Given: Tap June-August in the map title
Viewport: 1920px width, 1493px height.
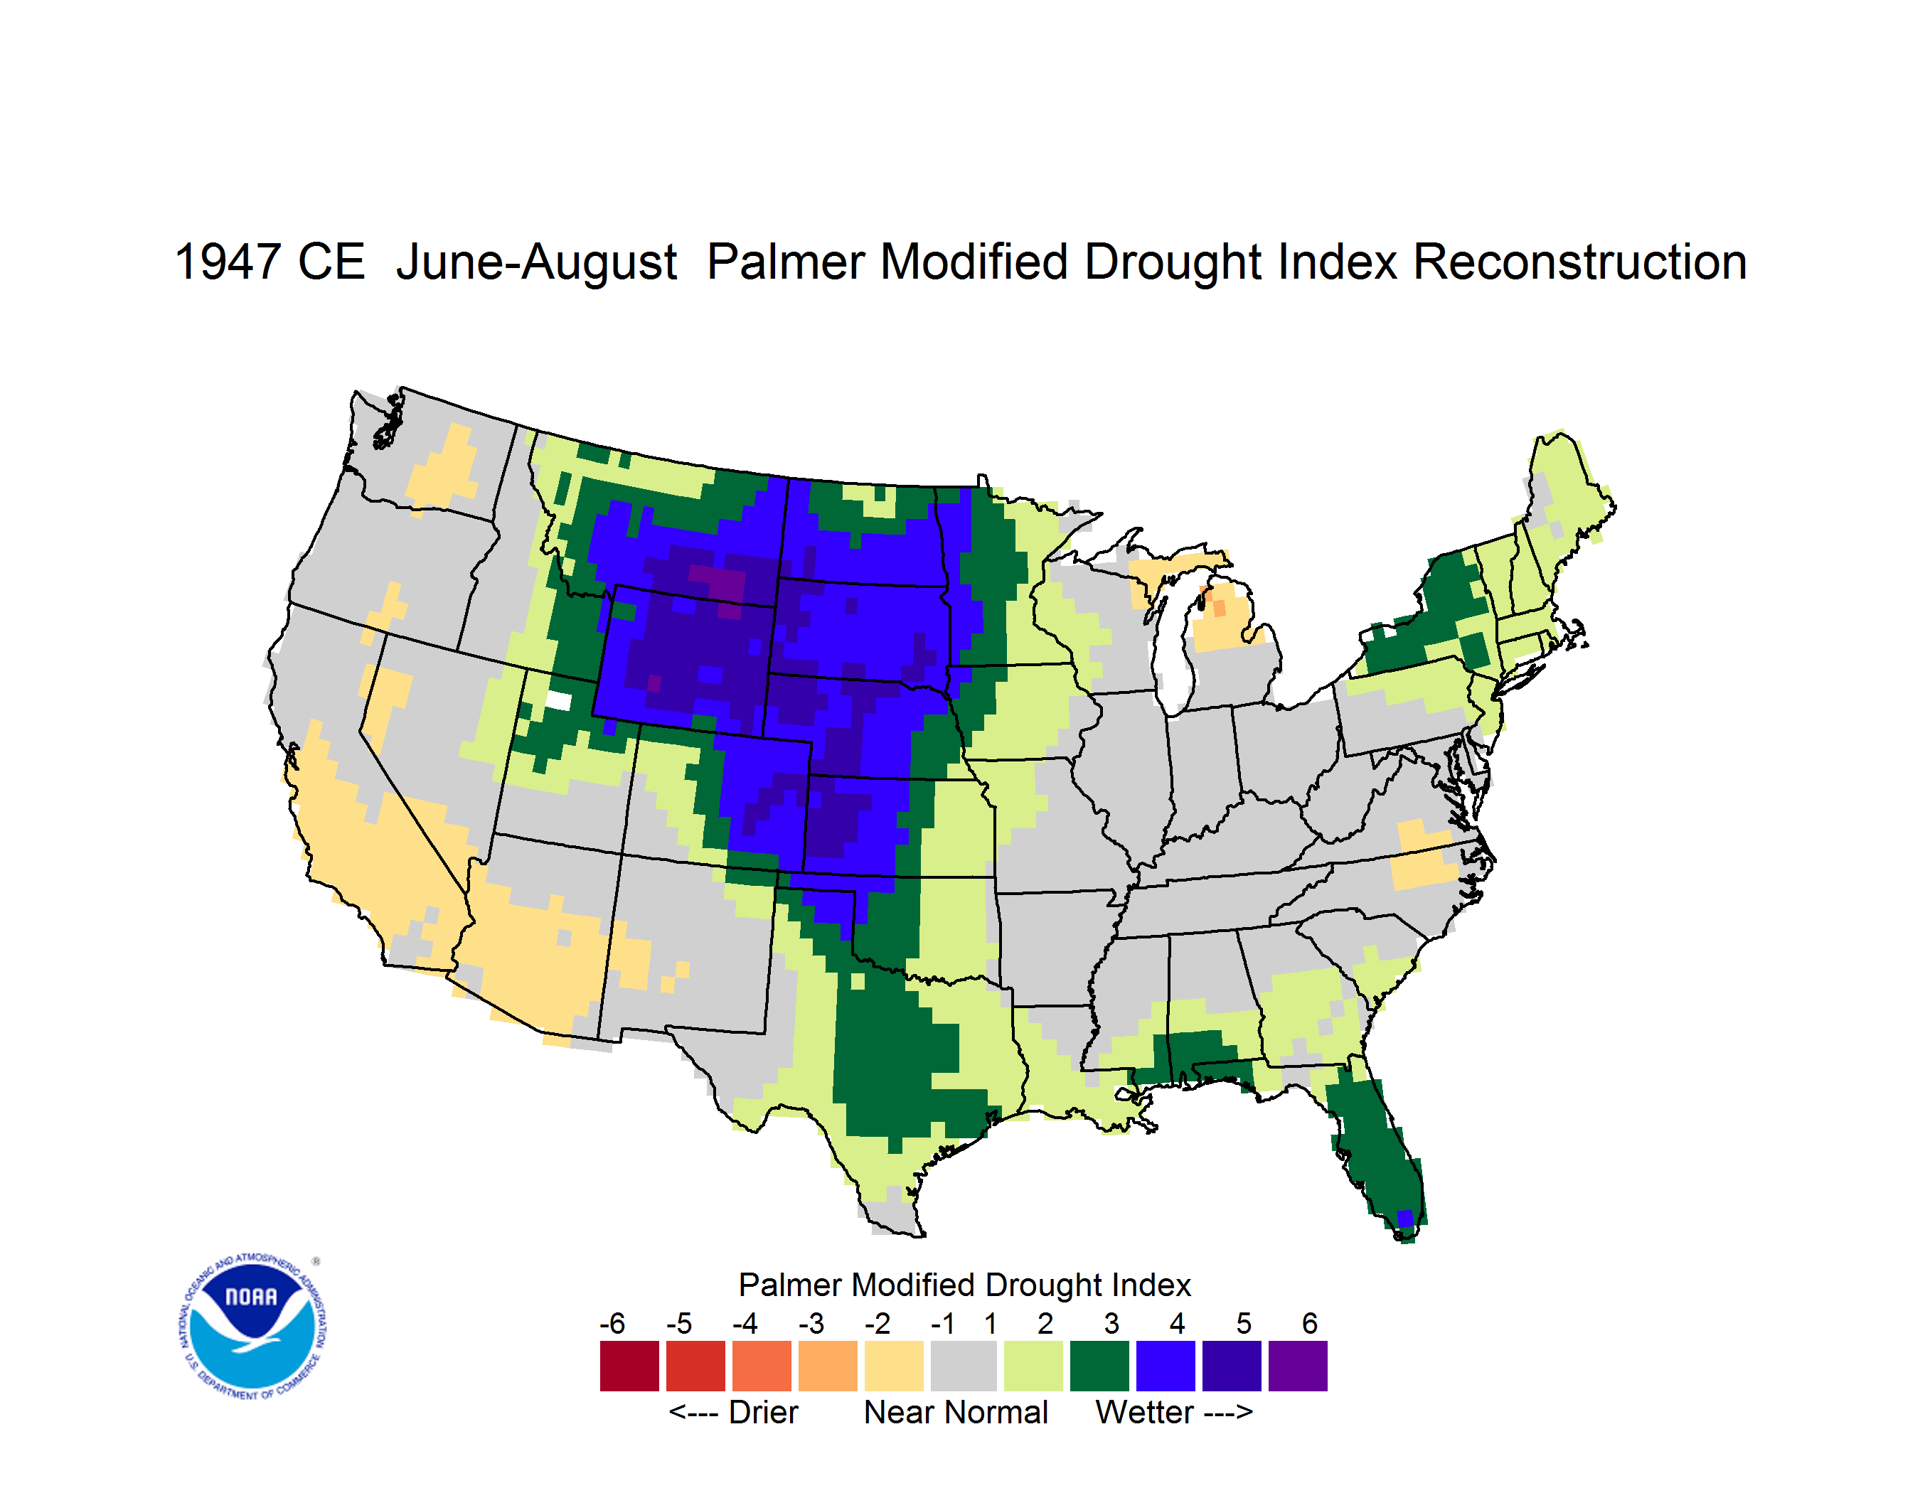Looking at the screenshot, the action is pyautogui.click(x=536, y=264).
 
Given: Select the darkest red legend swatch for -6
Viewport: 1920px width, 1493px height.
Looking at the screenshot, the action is pyautogui.click(x=629, y=1366).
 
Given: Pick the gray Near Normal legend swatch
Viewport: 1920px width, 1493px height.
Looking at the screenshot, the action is pyautogui.click(x=964, y=1366).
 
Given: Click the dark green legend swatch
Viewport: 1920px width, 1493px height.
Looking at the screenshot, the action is pyautogui.click(x=1099, y=1366).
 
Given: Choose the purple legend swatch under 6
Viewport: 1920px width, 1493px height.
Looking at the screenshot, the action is pyautogui.click(x=1298, y=1366).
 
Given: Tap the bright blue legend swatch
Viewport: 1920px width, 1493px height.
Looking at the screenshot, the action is pyautogui.click(x=1166, y=1366).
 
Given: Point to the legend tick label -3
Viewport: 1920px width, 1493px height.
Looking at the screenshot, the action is pyautogui.click(x=811, y=1323).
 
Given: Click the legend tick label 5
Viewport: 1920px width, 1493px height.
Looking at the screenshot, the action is pyautogui.click(x=1243, y=1323).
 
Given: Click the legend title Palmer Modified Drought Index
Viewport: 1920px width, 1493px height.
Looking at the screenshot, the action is pyautogui.click(x=964, y=1285).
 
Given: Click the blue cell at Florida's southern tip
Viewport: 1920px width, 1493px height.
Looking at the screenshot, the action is pyautogui.click(x=1405, y=1219).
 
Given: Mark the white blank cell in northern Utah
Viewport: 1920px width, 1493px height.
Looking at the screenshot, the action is pyautogui.click(x=558, y=701).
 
